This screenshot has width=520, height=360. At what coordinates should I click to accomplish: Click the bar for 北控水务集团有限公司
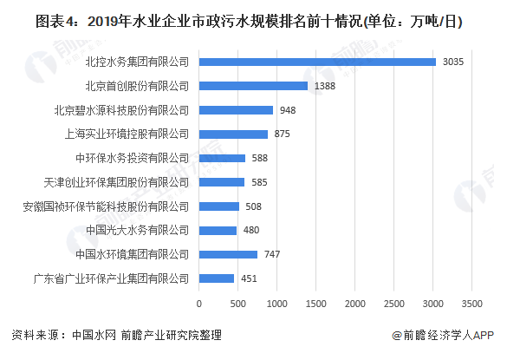tap(317, 62)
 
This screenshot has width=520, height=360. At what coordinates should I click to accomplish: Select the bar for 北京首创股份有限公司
tap(253, 86)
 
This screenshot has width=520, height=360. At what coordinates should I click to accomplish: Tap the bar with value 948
tap(236, 110)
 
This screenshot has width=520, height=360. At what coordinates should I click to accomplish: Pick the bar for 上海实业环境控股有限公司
tap(233, 134)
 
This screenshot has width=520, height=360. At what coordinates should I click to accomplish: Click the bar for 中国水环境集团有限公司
tap(228, 254)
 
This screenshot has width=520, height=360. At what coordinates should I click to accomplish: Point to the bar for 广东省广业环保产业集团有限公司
tap(217, 278)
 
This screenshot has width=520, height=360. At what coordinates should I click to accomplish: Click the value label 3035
tap(453, 62)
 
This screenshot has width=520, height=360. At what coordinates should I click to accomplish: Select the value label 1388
tap(326, 86)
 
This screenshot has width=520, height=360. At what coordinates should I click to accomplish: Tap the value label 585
tap(259, 182)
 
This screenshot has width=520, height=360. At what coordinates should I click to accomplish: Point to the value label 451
tap(249, 278)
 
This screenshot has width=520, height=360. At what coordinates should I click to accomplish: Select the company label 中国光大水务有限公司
tap(137, 231)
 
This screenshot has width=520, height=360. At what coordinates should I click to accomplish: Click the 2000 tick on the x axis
tap(354, 304)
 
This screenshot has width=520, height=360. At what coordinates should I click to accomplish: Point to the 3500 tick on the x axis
tap(471, 304)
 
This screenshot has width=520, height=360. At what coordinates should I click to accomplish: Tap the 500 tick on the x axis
tap(237, 304)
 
